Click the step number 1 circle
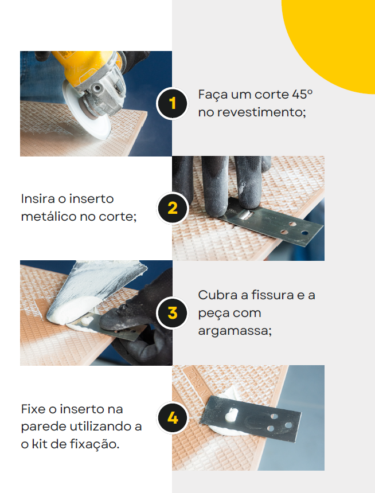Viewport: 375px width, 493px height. coord(172,103)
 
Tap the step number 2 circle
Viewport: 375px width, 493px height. coord(173,208)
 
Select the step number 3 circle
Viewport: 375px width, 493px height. coord(173,313)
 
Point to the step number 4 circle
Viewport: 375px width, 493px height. coord(173,418)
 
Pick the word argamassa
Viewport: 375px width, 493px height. coord(235,331)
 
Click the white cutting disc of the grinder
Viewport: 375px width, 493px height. coord(85,112)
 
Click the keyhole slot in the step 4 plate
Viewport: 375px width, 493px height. coord(232,414)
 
